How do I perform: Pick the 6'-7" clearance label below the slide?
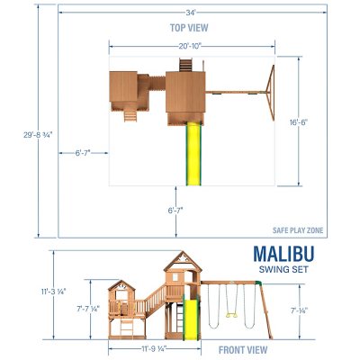[x=175, y=210]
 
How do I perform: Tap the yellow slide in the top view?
[x=192, y=153]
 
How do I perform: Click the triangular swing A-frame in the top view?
[x=267, y=91]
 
